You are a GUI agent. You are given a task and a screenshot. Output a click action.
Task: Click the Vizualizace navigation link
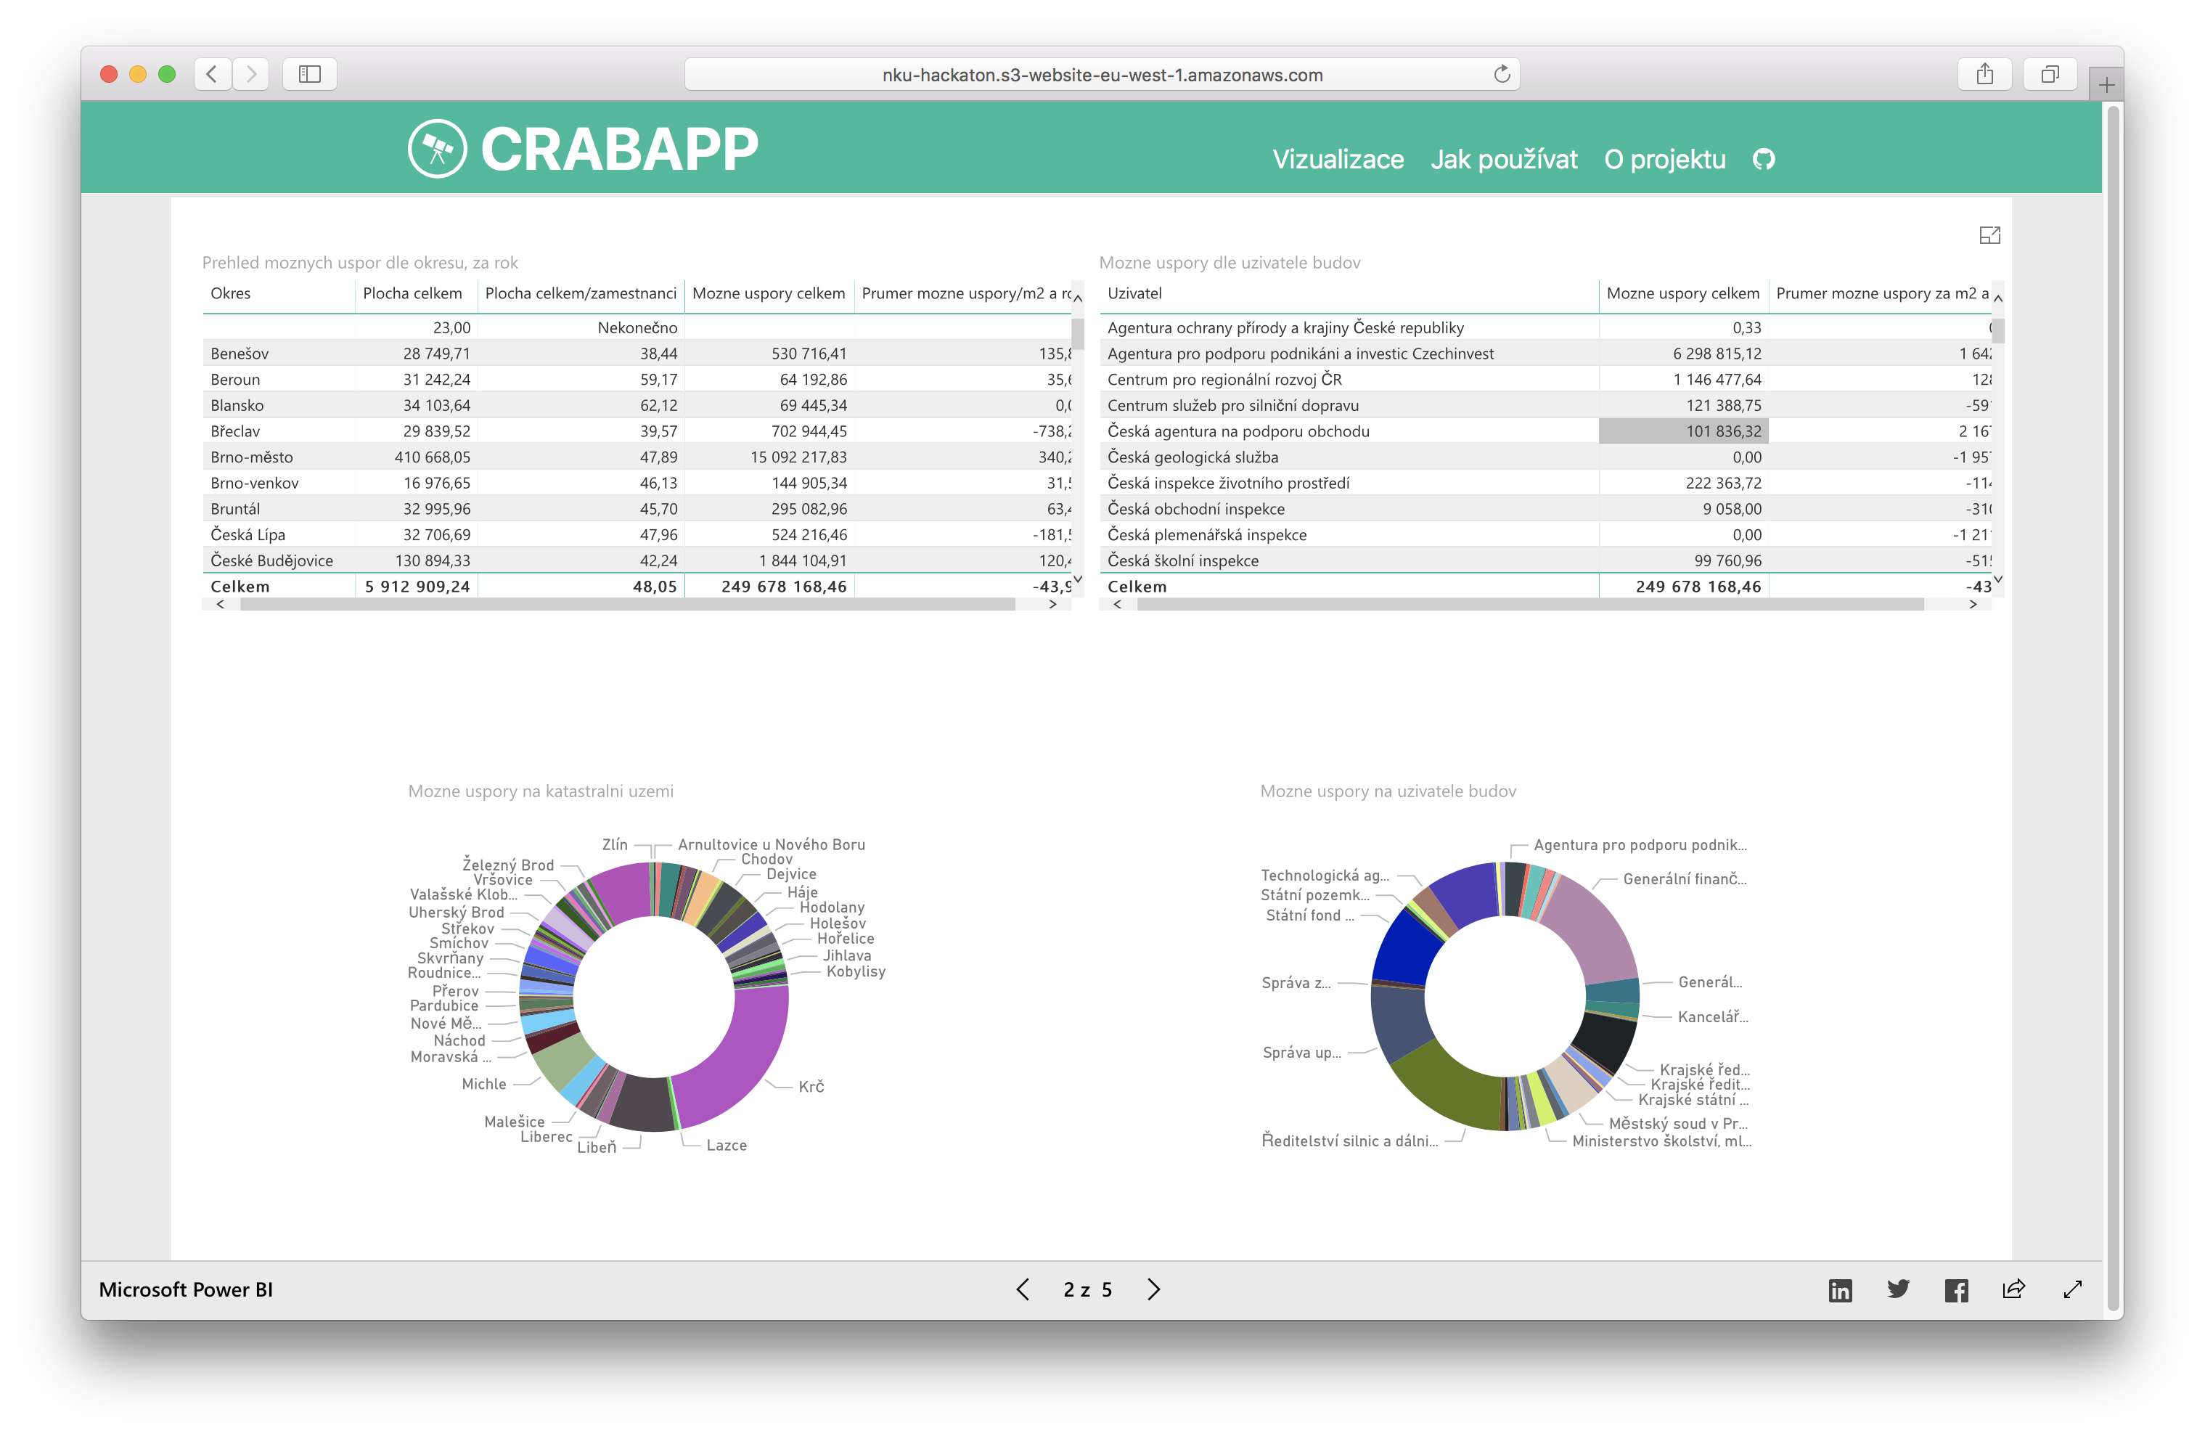pyautogui.click(x=1338, y=159)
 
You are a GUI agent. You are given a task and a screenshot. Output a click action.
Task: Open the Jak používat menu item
pyautogui.click(x=1504, y=159)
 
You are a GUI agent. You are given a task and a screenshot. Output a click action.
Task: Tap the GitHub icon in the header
pyautogui.click(x=1764, y=159)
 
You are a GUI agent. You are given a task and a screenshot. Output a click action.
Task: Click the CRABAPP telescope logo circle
pyautogui.click(x=437, y=148)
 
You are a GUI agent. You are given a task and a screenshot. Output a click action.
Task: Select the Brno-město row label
pyautogui.click(x=251, y=457)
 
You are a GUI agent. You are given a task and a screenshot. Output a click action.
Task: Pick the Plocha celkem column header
pyautogui.click(x=412, y=294)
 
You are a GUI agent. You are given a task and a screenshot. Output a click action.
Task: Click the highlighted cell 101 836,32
pyautogui.click(x=1682, y=431)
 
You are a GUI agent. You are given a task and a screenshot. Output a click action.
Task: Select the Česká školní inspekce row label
pyautogui.click(x=1182, y=560)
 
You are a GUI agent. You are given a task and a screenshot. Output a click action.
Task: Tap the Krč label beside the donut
pyautogui.click(x=811, y=1087)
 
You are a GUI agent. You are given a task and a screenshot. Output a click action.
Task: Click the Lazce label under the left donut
pyautogui.click(x=727, y=1145)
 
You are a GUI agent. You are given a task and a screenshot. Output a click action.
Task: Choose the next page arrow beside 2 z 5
pyautogui.click(x=1153, y=1289)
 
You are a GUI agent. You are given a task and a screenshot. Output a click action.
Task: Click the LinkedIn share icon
pyautogui.click(x=1840, y=1289)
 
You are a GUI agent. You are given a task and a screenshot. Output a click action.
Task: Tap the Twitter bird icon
pyautogui.click(x=1897, y=1289)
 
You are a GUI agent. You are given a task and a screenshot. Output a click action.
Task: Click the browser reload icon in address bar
pyautogui.click(x=1502, y=74)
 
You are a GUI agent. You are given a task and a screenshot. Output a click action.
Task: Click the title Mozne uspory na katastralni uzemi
pyautogui.click(x=541, y=791)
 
